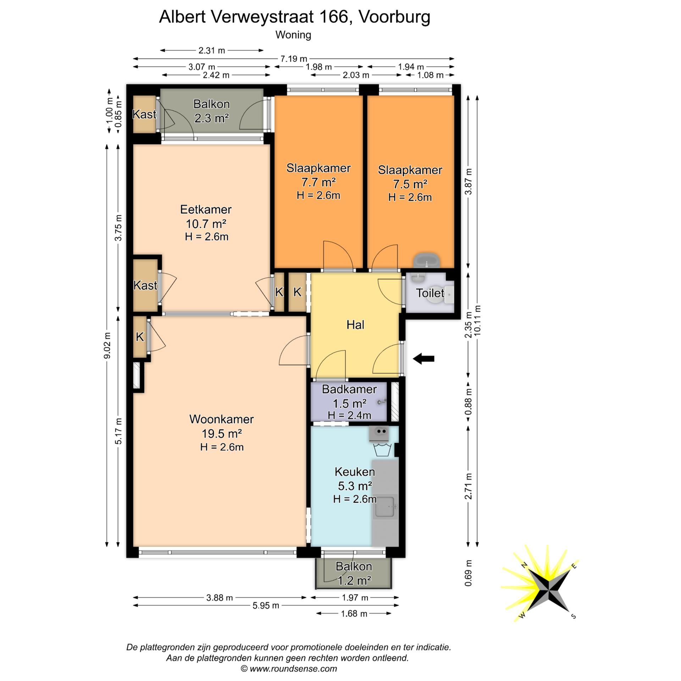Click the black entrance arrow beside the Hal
tap(424, 359)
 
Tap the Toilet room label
tap(430, 293)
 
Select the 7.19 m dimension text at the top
tap(294, 59)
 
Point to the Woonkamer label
tap(221, 419)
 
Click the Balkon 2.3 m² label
tap(211, 111)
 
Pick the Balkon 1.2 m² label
tap(354, 573)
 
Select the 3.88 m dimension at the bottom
tap(220, 598)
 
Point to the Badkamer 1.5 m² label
tap(349, 396)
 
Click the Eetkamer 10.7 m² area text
tap(206, 223)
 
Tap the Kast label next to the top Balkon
tap(144, 114)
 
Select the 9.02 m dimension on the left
tap(107, 345)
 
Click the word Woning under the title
tap(293, 35)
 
